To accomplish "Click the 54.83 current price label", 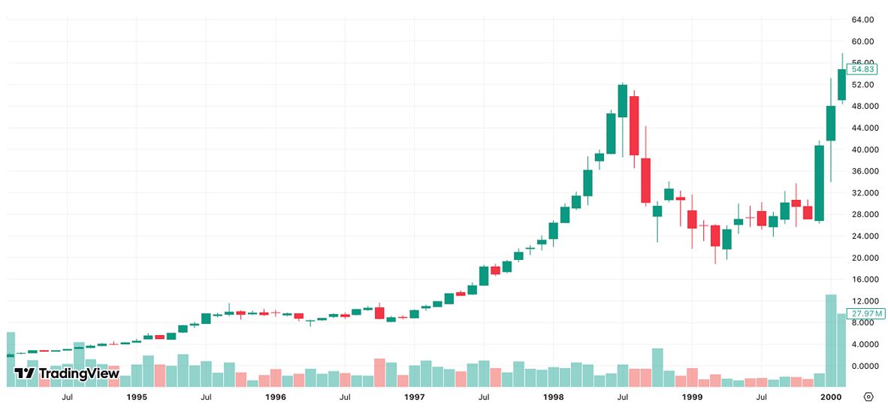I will tap(861, 69).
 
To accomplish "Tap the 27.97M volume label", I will tap(861, 313).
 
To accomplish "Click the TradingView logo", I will tap(67, 373).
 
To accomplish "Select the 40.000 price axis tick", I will tap(861, 150).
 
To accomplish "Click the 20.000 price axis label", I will tap(861, 258).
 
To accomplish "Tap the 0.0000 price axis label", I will tap(861, 366).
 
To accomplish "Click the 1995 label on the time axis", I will tap(137, 397).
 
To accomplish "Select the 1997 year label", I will tap(415, 397).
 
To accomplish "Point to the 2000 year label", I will tap(831, 397).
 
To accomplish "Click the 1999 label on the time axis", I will tap(692, 397).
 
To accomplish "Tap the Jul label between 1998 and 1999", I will tap(623, 397).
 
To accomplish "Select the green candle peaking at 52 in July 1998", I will tap(623, 101).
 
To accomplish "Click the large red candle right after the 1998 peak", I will tap(634, 125).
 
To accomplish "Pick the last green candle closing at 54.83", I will tap(842, 84).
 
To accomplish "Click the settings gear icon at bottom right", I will tap(868, 397).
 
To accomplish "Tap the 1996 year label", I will tap(276, 397).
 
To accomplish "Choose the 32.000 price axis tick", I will tap(861, 193).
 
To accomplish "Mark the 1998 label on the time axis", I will tap(554, 397).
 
